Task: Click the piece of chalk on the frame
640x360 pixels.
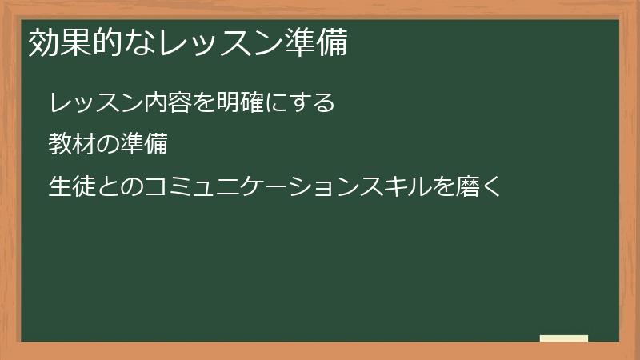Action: pyautogui.click(x=564, y=338)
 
